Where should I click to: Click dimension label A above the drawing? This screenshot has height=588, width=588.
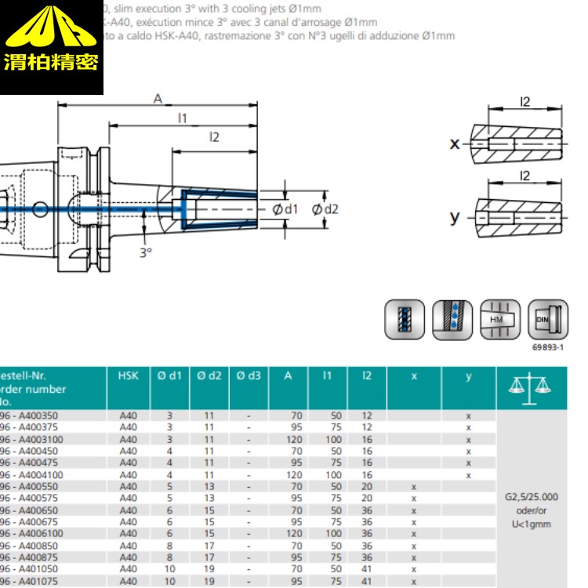(x=158, y=99)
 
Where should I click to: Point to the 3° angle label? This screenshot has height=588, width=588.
(x=144, y=252)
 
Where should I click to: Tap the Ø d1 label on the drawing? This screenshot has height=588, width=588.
(x=285, y=209)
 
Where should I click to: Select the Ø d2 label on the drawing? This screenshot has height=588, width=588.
(x=325, y=209)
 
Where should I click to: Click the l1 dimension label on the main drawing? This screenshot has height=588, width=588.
(x=182, y=118)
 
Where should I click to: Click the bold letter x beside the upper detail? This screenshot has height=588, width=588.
(x=454, y=143)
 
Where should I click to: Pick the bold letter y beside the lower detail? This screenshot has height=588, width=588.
(x=454, y=216)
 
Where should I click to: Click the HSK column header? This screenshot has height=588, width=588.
(x=128, y=376)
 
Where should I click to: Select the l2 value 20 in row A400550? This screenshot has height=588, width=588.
(x=367, y=486)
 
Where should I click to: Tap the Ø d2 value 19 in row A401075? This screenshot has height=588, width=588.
(x=209, y=581)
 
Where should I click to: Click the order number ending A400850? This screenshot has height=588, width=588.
(x=32, y=546)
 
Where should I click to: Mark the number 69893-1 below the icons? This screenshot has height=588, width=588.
(x=550, y=346)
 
